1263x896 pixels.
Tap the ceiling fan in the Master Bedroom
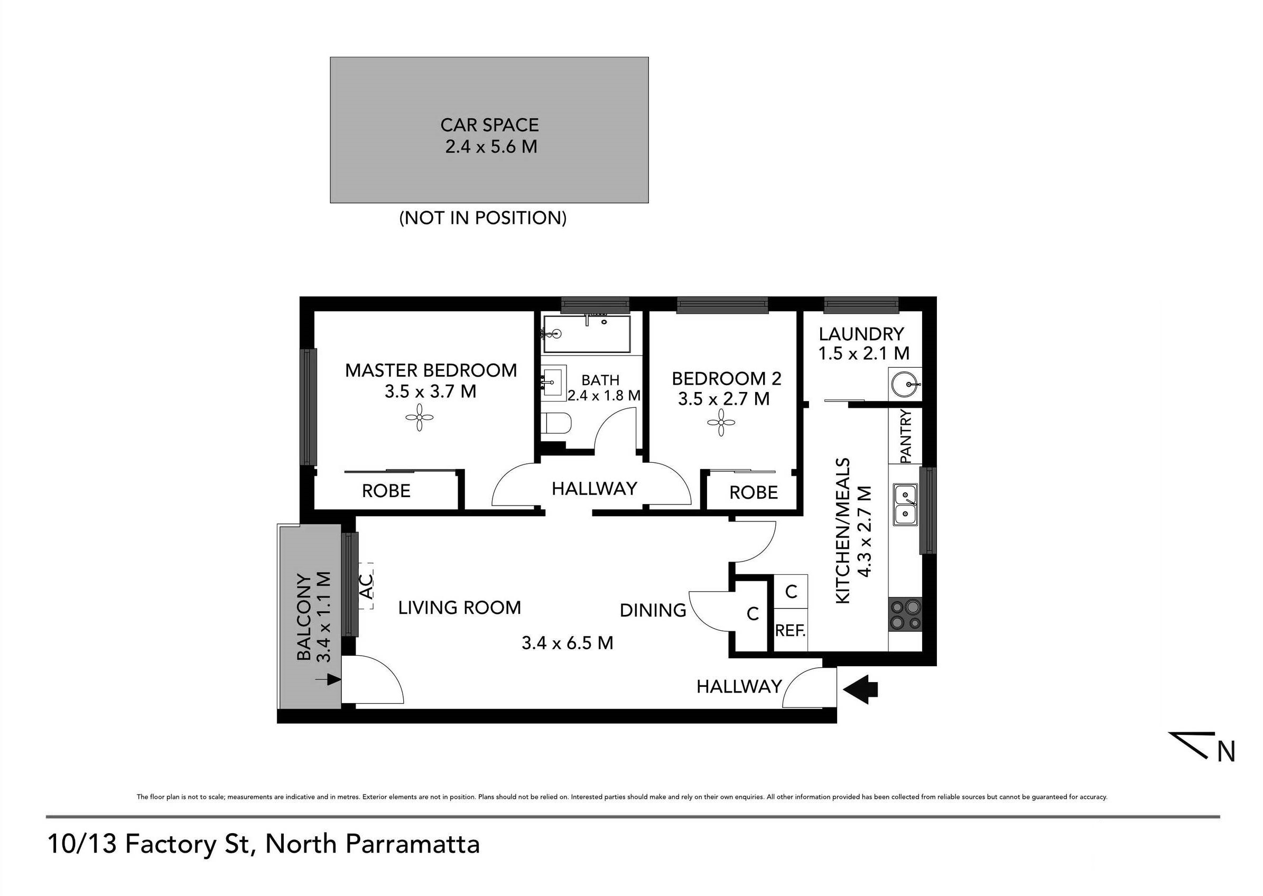click(x=420, y=417)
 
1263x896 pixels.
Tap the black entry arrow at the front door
click(x=861, y=689)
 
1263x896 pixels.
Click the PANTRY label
click(x=906, y=436)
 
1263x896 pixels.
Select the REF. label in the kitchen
click(x=790, y=630)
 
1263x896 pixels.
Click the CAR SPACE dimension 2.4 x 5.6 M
click(x=490, y=147)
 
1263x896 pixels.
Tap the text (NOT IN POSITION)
click(x=483, y=218)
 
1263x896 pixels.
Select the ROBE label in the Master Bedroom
click(x=386, y=490)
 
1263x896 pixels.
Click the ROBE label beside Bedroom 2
click(x=753, y=492)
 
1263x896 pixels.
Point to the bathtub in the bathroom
click(x=586, y=334)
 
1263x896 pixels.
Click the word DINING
click(x=653, y=610)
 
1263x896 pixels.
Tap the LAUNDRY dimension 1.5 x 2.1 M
click(x=863, y=353)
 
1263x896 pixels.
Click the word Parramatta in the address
click(x=412, y=844)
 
